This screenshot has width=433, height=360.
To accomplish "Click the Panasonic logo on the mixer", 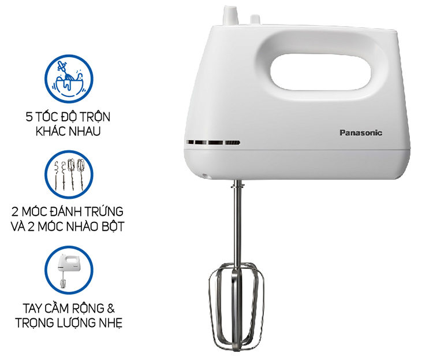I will (x=360, y=132).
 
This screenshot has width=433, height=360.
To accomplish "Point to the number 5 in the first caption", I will (x=29, y=117).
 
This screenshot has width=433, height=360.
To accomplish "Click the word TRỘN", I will (x=96, y=117).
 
